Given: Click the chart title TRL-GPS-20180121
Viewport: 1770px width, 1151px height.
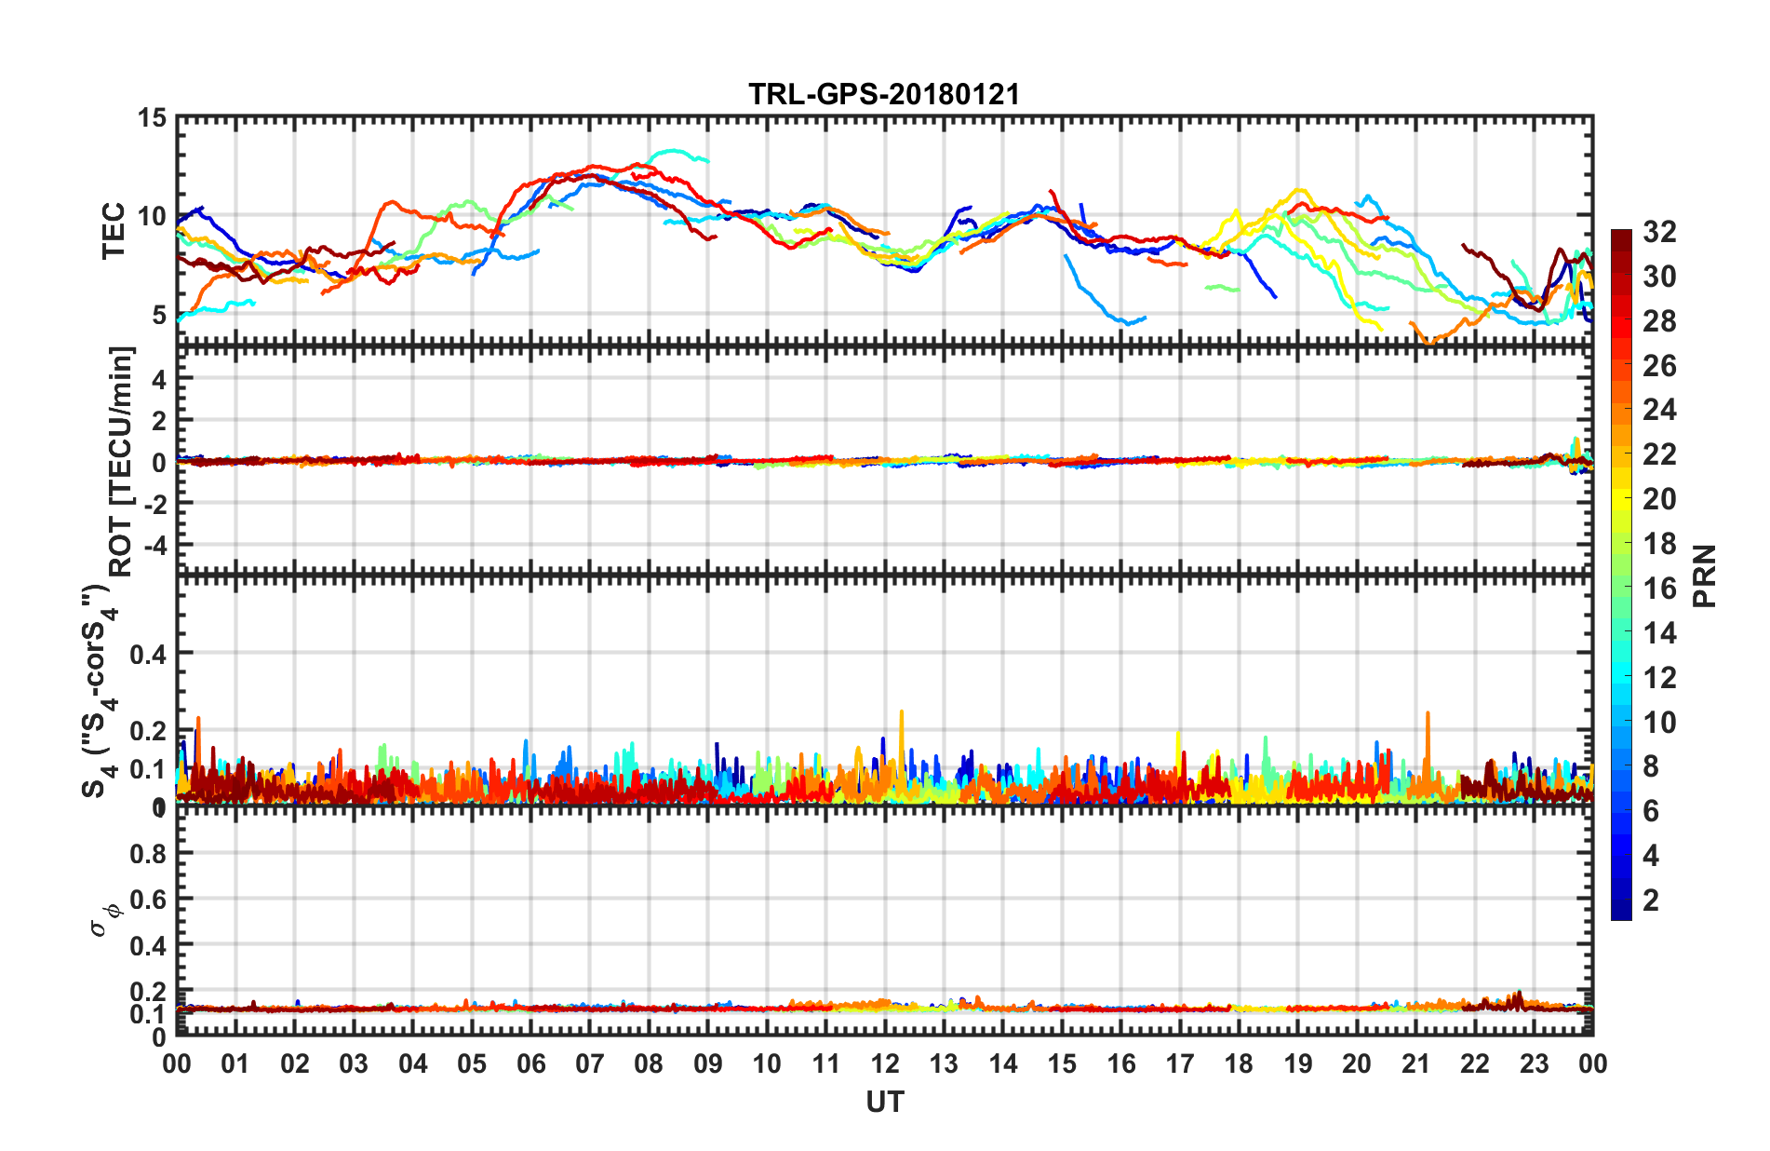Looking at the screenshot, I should click(884, 94).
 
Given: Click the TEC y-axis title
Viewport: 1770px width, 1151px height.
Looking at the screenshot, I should click(113, 230).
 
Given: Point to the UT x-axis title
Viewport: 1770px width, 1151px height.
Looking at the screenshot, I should click(884, 1103).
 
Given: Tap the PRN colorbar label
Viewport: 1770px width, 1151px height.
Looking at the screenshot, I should click(1704, 575).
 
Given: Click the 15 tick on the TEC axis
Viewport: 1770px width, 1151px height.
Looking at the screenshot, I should click(152, 118).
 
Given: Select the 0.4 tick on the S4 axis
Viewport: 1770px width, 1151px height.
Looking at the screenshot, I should click(149, 654).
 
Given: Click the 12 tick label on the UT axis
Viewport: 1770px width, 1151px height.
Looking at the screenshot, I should click(885, 1063).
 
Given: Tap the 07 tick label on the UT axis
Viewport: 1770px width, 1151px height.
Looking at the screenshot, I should click(590, 1063).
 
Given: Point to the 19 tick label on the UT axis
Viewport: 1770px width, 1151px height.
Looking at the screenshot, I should click(1298, 1063).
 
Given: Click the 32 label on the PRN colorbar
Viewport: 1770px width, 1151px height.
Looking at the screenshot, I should click(1659, 232).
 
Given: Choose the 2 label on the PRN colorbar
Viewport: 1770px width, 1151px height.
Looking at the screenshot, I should click(1652, 900).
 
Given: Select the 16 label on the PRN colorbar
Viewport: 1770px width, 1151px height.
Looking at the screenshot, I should click(1659, 589).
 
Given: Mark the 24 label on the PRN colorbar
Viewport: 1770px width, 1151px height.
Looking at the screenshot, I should click(1659, 410).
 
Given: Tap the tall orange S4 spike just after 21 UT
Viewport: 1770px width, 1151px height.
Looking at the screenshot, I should click(1428, 715).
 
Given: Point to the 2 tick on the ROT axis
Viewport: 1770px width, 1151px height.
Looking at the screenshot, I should click(158, 421).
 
